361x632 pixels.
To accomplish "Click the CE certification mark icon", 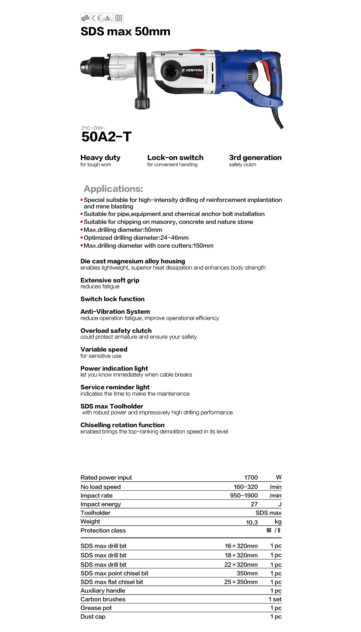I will tap(96, 18).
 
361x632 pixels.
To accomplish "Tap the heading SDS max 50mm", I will tap(125, 32).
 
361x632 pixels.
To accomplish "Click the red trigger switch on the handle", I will tap(266, 71).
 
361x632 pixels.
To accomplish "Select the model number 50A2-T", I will tap(106, 137).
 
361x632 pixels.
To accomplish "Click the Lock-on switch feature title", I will tap(175, 158).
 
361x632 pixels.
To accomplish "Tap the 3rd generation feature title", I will tap(255, 158).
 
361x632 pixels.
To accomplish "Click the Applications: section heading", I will tap(113, 189).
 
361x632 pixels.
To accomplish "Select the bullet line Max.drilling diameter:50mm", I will tap(123, 230).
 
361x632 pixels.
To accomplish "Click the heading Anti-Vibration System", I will tap(115, 311).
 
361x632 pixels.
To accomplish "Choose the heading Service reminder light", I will tap(115, 387).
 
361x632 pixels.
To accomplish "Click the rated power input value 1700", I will tap(251, 478).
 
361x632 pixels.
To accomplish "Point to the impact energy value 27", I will tap(254, 504).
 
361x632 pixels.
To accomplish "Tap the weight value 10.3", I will tap(252, 523).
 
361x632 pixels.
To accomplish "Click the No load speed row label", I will tap(101, 487).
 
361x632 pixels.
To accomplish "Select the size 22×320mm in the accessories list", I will tap(241, 565).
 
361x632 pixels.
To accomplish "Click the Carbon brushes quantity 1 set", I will tap(275, 599).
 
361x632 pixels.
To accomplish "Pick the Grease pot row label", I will tap(96, 608).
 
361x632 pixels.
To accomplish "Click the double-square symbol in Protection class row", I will tap(269, 530).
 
